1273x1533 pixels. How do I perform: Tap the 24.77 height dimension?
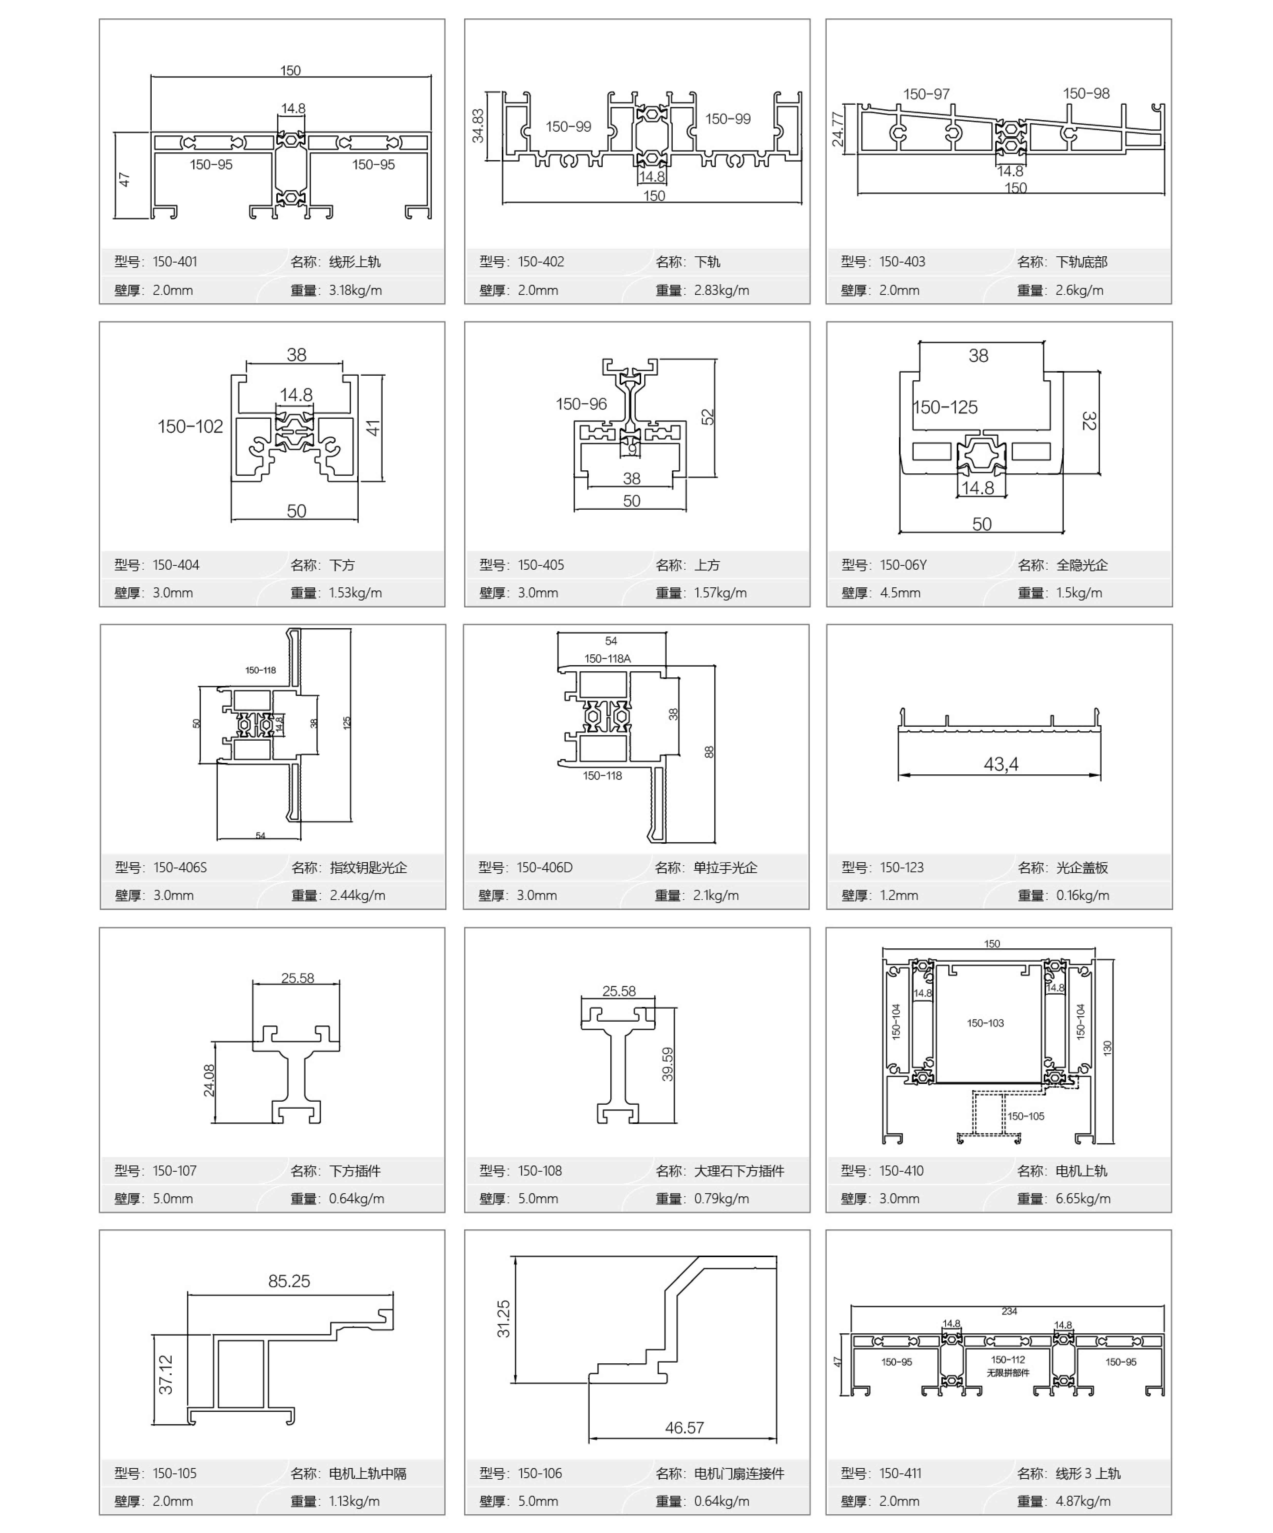pos(838,129)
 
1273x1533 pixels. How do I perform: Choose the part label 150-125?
pos(945,407)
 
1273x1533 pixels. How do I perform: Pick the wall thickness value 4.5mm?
pos(900,593)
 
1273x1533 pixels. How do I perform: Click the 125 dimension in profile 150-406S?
pos(347,723)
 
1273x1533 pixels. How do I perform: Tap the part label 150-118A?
pos(607,658)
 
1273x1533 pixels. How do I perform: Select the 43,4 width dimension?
pos(1001,764)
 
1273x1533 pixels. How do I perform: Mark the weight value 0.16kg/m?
pos(1082,895)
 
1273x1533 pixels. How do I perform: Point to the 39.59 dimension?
pos(667,1064)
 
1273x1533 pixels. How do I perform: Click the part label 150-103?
pos(985,1023)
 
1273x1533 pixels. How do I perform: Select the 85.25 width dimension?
pos(289,1280)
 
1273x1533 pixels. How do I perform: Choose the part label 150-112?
pos(1008,1359)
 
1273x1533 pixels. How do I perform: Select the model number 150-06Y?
pos(903,565)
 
